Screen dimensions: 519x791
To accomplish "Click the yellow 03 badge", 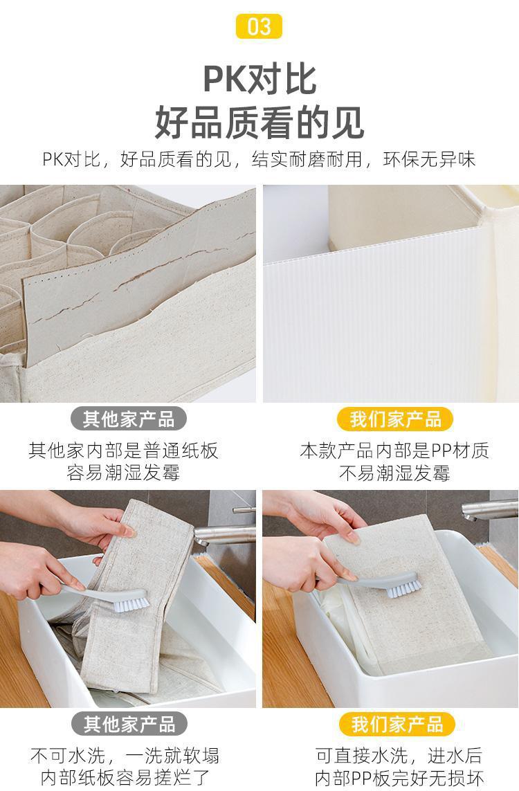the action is tap(259, 26).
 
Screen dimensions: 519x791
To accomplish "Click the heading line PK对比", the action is tap(259, 79).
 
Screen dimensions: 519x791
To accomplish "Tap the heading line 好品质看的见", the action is tap(259, 122).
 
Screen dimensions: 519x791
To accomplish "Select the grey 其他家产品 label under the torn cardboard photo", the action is tap(129, 419).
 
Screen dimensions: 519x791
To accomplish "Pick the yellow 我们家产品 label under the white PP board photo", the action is tap(395, 419).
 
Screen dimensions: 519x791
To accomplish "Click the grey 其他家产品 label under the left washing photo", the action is tap(129, 724).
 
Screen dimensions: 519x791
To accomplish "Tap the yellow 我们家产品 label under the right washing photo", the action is tap(397, 724).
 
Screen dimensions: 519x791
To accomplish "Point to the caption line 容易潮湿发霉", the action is tap(123, 473).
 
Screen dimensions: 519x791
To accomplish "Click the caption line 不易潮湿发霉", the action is tap(394, 473).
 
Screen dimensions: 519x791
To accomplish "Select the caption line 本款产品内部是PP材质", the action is tap(394, 450).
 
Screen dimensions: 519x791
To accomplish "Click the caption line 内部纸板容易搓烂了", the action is tap(125, 777).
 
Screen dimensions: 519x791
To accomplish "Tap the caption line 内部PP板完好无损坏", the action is tap(399, 777).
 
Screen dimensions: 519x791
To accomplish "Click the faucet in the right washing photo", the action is tap(489, 509).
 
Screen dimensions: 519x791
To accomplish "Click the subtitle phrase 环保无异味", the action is tap(429, 159).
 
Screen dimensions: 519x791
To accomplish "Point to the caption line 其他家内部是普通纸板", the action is tap(123, 450).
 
